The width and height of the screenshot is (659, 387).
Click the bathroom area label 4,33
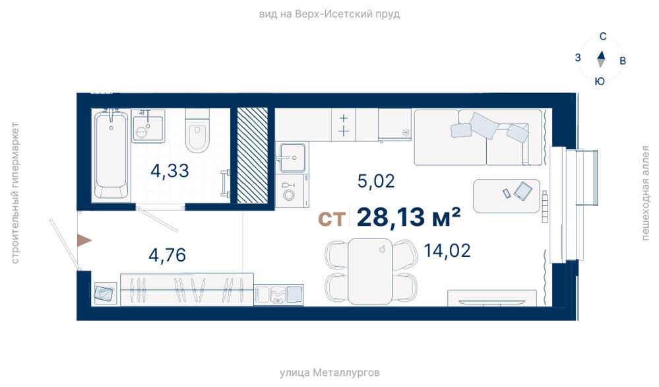pos(170,171)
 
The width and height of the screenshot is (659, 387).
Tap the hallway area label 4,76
pos(168,255)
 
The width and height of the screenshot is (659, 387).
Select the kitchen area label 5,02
pos(376,181)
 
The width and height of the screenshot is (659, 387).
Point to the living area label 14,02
pos(447,251)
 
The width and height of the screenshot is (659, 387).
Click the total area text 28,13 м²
pos(408,217)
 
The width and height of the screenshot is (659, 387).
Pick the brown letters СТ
pos(332,219)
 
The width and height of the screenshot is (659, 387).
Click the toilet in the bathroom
pos(197,130)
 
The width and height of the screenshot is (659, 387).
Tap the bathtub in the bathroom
pos(111,154)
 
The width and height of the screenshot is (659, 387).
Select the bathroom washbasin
pos(148,127)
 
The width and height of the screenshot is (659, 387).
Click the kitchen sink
pos(292,158)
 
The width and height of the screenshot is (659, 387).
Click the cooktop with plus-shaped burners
pos(344,125)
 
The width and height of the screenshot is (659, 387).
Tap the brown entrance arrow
pos(84,240)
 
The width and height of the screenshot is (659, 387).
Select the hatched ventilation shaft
pos(253,155)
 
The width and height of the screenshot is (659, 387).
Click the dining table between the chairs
pos(370,271)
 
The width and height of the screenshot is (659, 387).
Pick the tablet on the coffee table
pos(523,191)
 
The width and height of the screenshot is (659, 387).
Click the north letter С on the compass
pos(603,36)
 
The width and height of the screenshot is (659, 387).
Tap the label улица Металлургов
pos(330,372)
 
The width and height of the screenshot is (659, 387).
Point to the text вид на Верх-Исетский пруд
pos(330,15)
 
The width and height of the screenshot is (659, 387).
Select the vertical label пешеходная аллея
pos(645,193)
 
